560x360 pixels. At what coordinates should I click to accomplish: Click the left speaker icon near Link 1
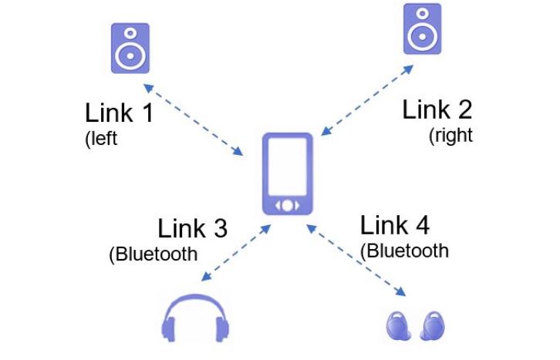point(130,48)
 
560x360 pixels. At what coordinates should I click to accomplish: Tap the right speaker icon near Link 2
point(423,29)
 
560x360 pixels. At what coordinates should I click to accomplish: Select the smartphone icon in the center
point(288,173)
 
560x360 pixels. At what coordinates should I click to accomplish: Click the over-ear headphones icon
point(195,318)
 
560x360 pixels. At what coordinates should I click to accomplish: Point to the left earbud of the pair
point(398,325)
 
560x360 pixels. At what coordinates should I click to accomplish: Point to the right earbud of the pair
point(433,325)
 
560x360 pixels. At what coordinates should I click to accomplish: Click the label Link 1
point(120,113)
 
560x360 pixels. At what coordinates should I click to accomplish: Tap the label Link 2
point(437,109)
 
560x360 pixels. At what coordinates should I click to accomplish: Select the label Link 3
point(193,228)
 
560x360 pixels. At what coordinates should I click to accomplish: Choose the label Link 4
point(395,225)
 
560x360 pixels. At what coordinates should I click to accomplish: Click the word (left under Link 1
point(101,139)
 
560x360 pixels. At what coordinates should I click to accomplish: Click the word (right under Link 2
point(450,136)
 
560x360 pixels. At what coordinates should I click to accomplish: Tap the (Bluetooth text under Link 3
point(153,254)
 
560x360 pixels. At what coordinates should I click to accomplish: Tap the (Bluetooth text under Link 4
point(404,251)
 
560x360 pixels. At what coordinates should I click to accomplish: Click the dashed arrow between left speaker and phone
point(193,120)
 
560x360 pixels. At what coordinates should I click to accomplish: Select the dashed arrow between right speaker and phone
point(367,100)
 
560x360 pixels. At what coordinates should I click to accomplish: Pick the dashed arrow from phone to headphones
point(236,253)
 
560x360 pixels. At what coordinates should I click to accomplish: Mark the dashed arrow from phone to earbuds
point(356,260)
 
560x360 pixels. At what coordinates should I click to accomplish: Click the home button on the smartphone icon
point(288,206)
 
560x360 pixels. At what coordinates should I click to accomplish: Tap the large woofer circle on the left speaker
point(130,56)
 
